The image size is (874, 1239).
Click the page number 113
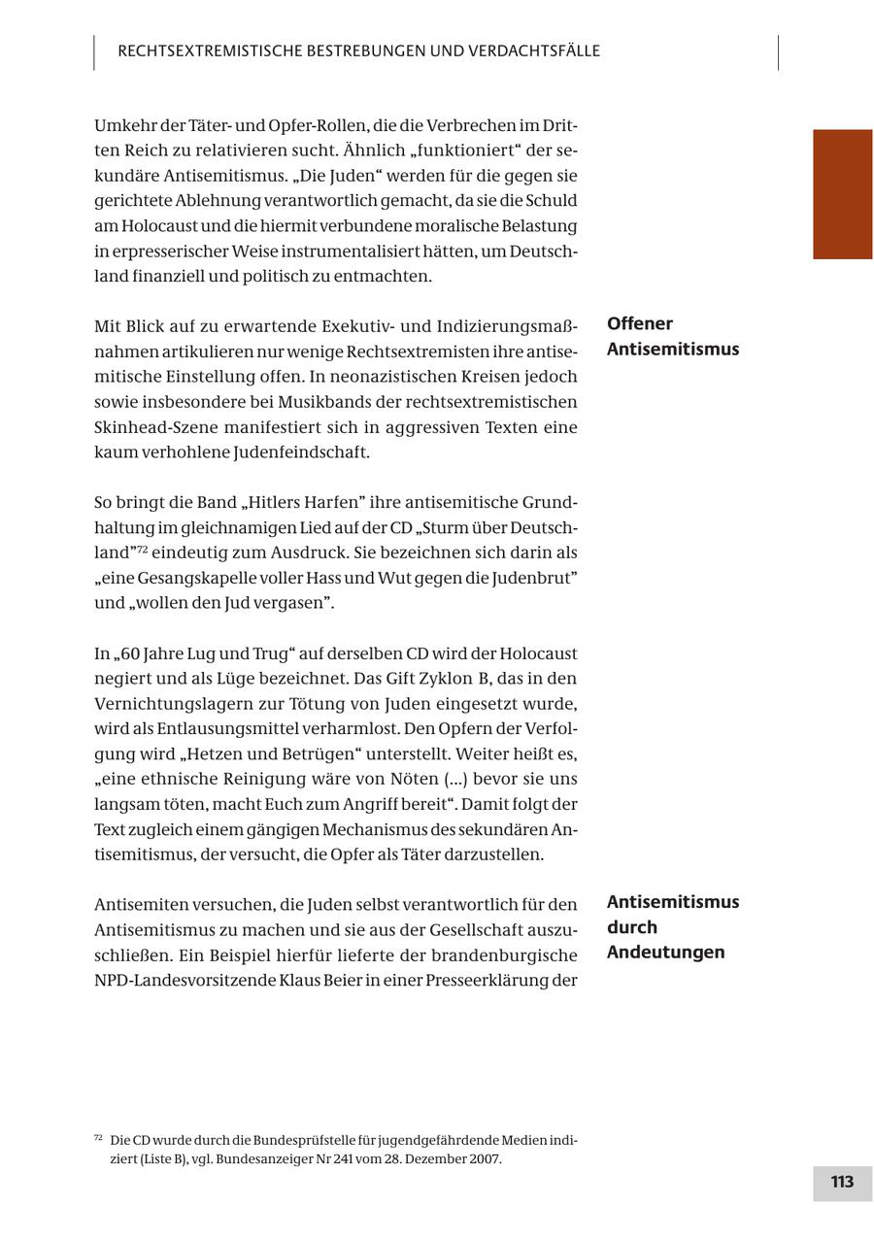pos(842,1183)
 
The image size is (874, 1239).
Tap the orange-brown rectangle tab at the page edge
pos(842,194)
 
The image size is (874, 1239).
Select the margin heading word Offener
pos(640,324)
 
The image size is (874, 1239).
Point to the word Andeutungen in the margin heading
pos(665,953)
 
